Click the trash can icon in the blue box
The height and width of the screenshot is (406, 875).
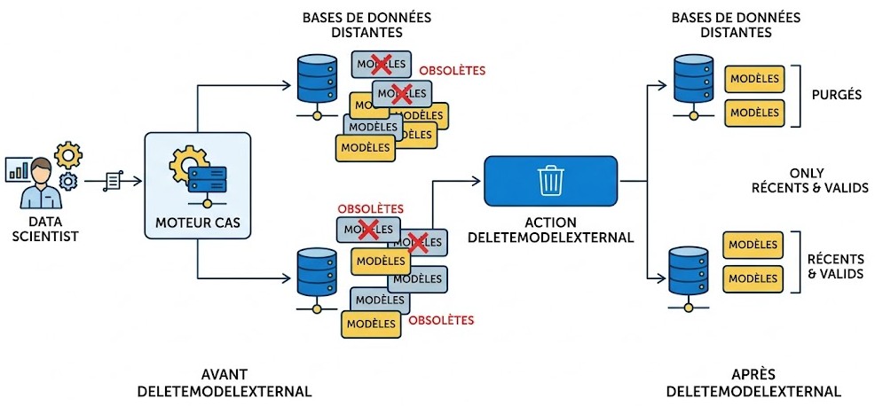coord(550,180)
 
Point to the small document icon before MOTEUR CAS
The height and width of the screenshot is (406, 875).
coord(114,181)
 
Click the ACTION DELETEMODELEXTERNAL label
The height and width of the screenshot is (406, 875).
coord(550,230)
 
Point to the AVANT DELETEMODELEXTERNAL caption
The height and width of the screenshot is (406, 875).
coord(224,382)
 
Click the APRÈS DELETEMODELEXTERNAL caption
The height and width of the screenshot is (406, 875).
coord(753,382)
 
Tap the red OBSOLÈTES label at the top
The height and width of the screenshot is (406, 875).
coord(453,70)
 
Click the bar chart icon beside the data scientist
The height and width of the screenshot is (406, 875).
coord(17,168)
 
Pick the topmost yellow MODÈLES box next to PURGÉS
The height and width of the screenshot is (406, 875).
coord(754,79)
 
